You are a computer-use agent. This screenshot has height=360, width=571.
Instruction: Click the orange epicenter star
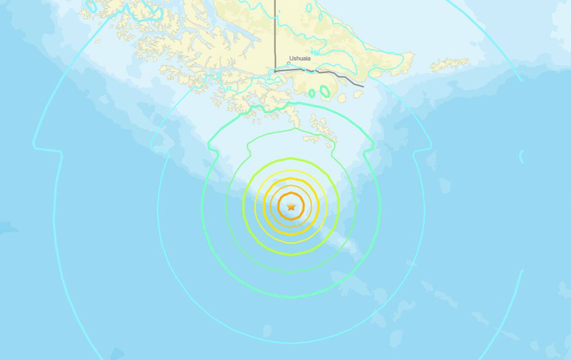291,207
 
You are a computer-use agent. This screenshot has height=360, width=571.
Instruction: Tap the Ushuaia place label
300,58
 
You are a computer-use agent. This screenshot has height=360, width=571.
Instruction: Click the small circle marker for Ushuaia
289,63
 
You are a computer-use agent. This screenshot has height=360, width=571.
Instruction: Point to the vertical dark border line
276,34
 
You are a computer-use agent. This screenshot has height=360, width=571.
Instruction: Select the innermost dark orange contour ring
291,194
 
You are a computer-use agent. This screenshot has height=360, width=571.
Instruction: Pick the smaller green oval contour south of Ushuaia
312,93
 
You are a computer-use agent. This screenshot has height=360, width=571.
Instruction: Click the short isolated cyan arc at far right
522,157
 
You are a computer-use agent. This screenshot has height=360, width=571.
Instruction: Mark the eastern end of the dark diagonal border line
363,86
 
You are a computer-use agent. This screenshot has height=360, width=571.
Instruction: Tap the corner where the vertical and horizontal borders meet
276,71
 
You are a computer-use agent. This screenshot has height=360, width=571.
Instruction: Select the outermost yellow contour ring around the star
291,170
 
